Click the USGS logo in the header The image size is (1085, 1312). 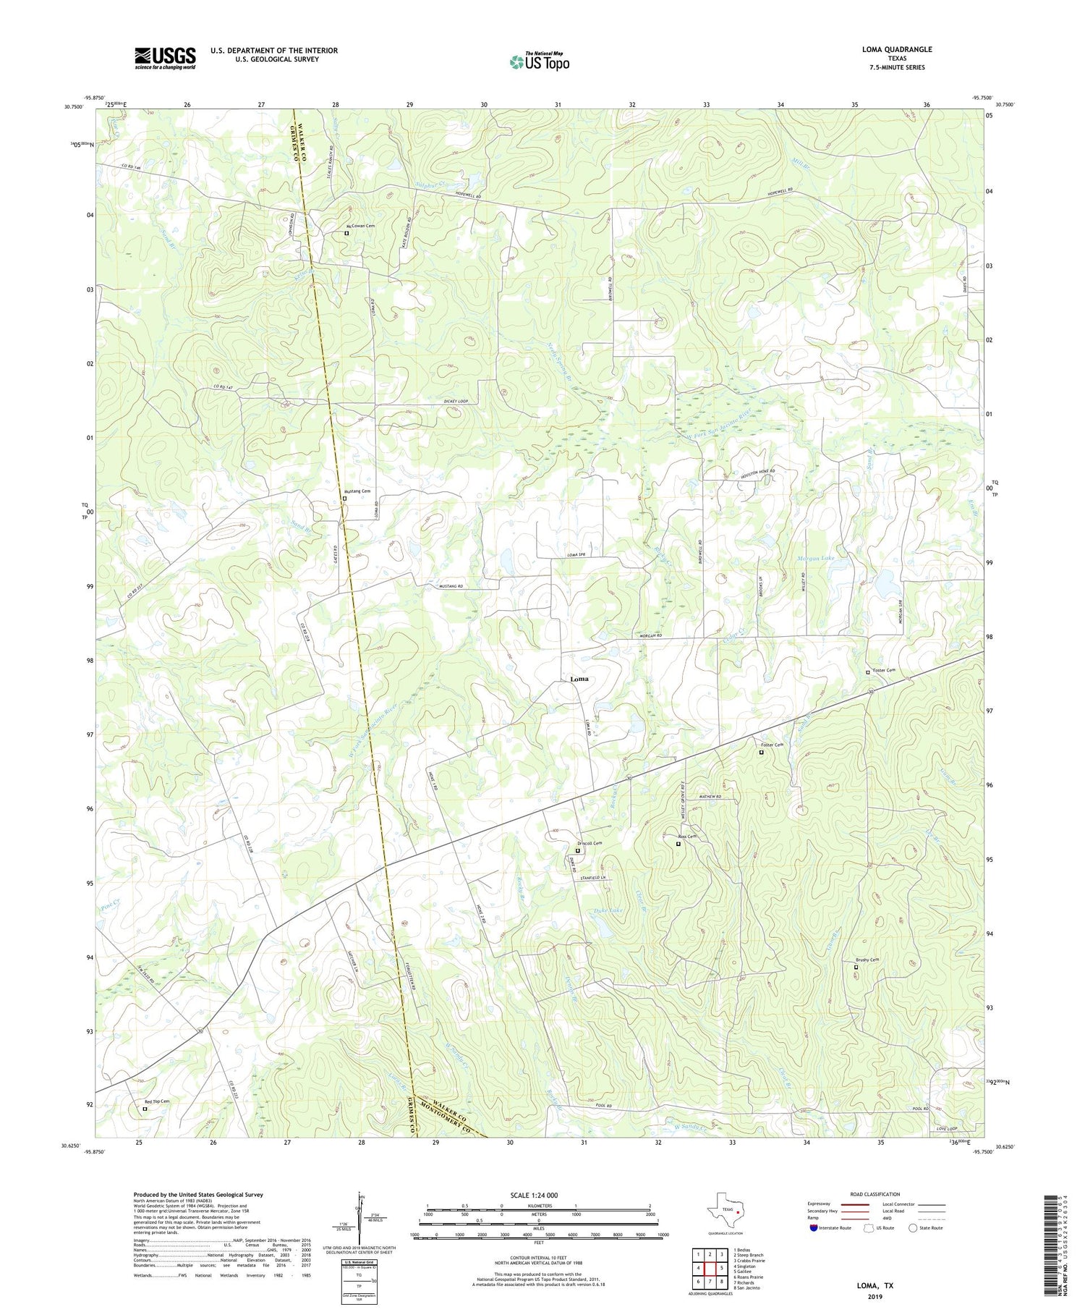(165, 58)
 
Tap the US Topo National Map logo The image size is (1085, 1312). (539, 62)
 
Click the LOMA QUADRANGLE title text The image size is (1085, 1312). (897, 49)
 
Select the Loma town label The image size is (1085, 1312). (579, 679)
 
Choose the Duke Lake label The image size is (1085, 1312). (608, 910)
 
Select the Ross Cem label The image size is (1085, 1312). (687, 837)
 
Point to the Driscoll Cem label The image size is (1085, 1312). (590, 844)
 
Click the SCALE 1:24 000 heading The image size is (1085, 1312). (538, 1195)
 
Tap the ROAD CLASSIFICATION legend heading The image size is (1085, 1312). (875, 1194)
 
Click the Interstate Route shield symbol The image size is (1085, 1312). (814, 1228)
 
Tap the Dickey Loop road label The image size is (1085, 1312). (456, 402)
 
